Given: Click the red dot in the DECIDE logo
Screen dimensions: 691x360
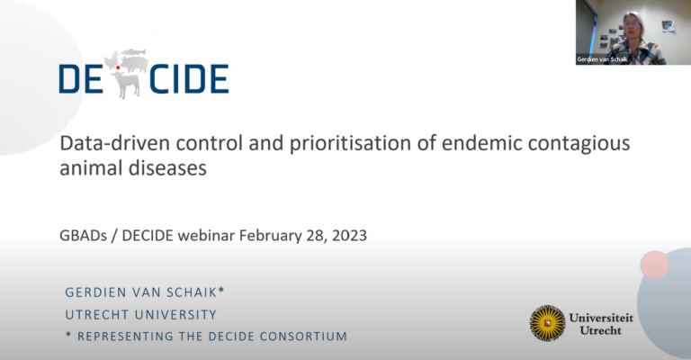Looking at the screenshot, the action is click(118, 67).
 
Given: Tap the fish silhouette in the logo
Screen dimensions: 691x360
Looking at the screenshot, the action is click(133, 52).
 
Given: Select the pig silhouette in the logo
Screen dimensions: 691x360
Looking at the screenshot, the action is click(134, 64).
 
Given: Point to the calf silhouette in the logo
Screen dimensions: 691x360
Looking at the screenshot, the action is click(126, 85).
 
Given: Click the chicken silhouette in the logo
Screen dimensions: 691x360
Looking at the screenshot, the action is click(112, 60).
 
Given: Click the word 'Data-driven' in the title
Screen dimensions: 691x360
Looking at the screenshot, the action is click(114, 143).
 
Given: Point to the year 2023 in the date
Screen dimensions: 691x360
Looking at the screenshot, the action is click(349, 235).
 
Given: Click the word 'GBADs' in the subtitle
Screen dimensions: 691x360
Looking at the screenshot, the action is click(84, 235).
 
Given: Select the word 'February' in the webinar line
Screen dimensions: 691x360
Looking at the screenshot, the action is click(270, 236).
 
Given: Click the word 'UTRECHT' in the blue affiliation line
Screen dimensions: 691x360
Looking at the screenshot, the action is click(97, 315).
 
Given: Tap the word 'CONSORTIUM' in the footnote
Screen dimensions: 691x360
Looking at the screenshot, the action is click(303, 337).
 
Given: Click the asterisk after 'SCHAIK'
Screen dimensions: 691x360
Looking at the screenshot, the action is click(221, 290).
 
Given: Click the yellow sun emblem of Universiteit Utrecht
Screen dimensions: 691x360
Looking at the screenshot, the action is click(548, 323).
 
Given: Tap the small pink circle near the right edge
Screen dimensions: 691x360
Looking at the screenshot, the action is click(654, 265).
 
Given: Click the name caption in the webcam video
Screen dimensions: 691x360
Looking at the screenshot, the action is click(602, 59).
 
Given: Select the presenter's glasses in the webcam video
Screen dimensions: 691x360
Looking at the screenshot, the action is click(632, 23).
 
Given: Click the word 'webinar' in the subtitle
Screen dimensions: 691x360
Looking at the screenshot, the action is click(206, 235).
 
